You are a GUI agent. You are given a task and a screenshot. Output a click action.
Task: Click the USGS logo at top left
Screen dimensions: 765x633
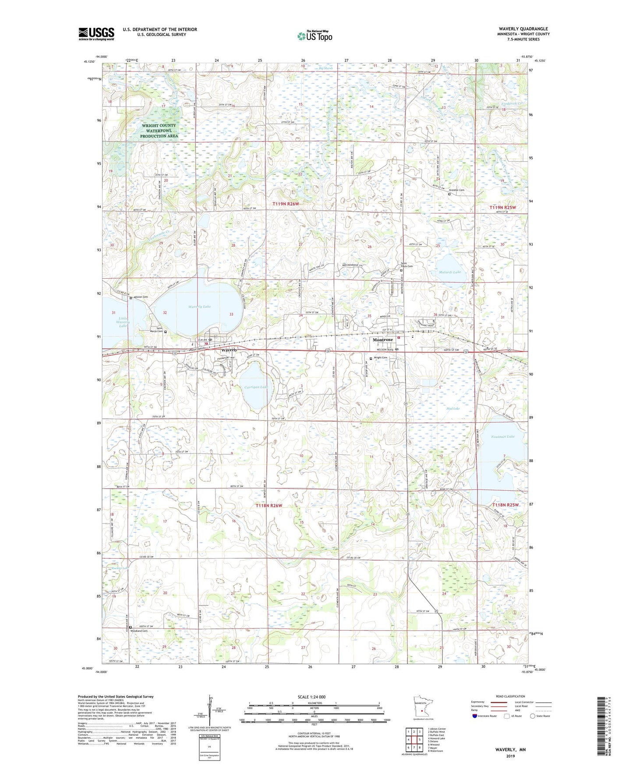(x=96, y=34)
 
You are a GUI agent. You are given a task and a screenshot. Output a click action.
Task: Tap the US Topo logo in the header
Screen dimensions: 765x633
(x=315, y=36)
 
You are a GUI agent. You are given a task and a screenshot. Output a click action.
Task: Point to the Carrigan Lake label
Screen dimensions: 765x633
(x=256, y=387)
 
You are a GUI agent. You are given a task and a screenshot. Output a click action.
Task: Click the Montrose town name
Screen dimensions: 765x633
(x=382, y=340)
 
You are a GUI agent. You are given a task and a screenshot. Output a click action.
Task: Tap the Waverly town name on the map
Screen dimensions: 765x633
(x=229, y=350)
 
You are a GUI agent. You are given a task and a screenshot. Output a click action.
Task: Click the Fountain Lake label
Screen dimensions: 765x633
(x=503, y=436)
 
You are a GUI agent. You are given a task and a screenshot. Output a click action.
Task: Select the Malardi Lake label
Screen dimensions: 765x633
(x=450, y=272)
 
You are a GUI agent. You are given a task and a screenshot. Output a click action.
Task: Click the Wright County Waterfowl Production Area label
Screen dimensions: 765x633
(x=159, y=131)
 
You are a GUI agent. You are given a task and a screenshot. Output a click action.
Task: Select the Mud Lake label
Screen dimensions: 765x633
(x=453, y=408)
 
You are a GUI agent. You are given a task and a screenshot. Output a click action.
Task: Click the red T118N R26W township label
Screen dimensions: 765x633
(x=269, y=506)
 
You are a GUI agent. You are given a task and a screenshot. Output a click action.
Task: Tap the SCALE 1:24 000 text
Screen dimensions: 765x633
(x=311, y=697)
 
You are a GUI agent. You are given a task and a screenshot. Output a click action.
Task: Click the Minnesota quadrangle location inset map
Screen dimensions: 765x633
(x=422, y=708)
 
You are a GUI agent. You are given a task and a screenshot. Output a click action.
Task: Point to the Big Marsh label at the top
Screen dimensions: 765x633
(x=325, y=68)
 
